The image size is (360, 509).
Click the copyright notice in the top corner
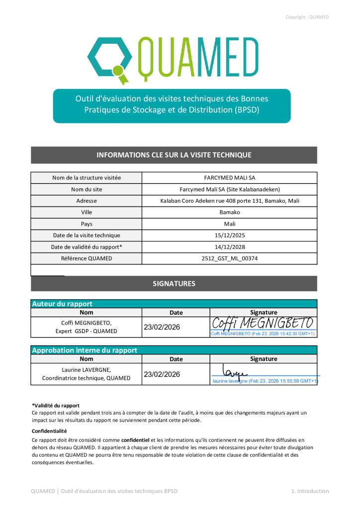click(x=307, y=17)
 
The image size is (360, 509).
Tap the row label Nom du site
click(x=87, y=189)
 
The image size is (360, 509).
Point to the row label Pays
click(x=87, y=224)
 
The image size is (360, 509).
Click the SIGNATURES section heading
click(x=174, y=284)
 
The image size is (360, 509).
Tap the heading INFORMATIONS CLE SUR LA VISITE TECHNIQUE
click(x=174, y=155)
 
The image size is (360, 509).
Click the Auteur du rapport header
click(x=62, y=304)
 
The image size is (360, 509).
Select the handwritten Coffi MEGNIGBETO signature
click(x=263, y=323)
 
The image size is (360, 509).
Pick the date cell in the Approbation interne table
click(x=162, y=374)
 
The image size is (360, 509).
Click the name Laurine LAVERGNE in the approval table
click(x=87, y=370)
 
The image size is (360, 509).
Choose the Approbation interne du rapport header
click(x=85, y=350)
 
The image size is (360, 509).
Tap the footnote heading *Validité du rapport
click(x=56, y=406)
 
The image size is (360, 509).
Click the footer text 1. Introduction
click(x=310, y=491)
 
